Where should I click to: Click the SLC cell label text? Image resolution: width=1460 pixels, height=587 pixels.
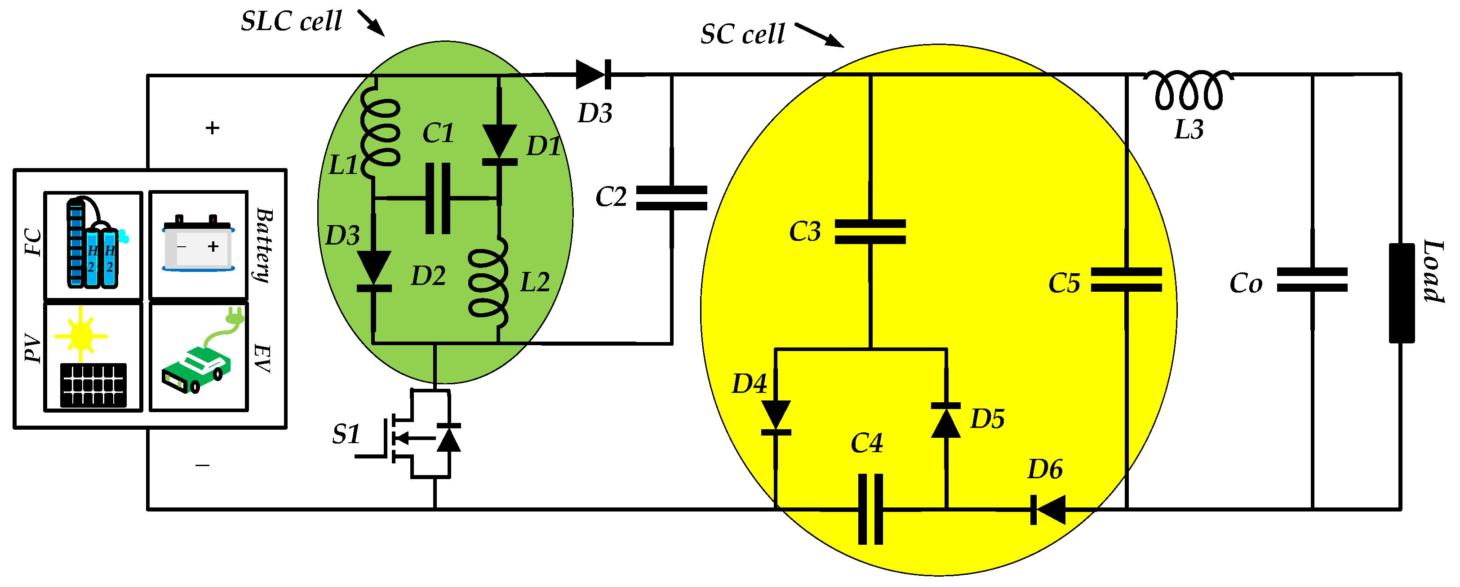coord(291,22)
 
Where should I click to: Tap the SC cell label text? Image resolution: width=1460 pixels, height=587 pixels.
coord(742,35)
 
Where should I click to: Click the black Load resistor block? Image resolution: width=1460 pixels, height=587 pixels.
coord(1401,293)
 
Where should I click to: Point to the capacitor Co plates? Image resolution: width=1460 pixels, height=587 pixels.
coord(1312,280)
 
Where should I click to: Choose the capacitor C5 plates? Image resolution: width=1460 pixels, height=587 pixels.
coord(1126,280)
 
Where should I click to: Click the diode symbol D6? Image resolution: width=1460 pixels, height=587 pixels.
coord(1048,509)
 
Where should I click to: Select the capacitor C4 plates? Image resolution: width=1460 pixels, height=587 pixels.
coord(870,509)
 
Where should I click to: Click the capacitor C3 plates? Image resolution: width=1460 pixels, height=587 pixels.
coord(870,232)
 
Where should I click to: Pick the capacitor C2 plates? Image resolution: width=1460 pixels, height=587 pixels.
coord(672,198)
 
